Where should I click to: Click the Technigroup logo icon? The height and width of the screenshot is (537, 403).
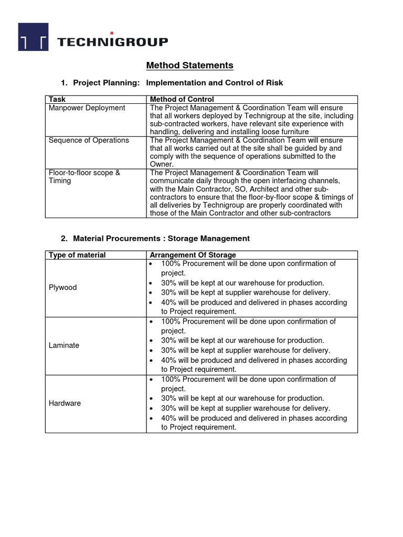coord(33,37)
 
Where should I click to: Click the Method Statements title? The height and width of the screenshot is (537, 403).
coord(189,66)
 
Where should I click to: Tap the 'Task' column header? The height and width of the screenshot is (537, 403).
coord(57,99)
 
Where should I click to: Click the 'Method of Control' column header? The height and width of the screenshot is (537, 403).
coord(182,99)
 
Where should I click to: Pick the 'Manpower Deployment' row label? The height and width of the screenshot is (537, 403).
coord(87,108)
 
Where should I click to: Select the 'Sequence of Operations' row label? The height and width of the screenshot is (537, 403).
coord(88,141)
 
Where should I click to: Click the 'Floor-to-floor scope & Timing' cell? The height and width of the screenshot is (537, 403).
coord(84,177)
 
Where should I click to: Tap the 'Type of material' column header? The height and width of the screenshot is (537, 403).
coord(77,255)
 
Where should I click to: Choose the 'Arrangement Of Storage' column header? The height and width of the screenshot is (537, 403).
coord(193,255)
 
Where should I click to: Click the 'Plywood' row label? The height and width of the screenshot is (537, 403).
coord(62,287)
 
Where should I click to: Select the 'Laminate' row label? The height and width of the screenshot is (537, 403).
coord(64,346)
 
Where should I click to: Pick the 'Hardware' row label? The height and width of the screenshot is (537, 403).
coord(65,403)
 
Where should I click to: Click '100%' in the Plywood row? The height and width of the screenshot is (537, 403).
coord(170,263)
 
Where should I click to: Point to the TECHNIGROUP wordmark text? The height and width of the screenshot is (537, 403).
coord(112,42)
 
